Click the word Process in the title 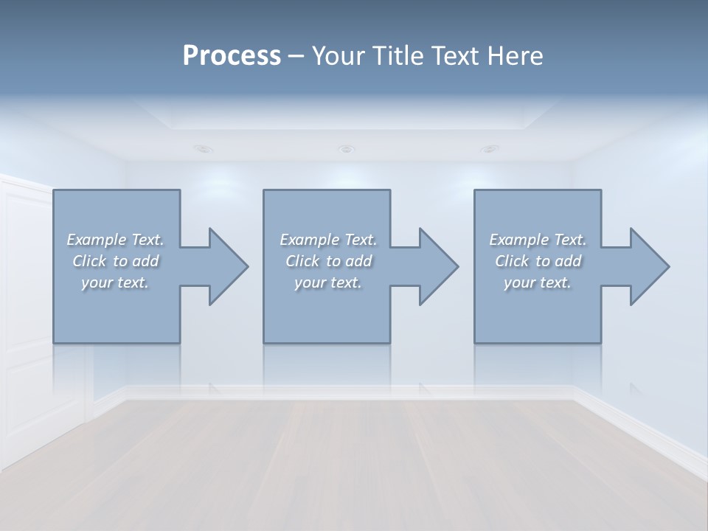tap(232, 55)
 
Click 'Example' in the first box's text tap(97, 240)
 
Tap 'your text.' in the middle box tap(327, 282)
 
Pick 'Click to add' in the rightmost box tap(538, 261)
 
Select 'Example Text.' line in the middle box tap(327, 240)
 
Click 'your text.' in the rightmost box tap(538, 282)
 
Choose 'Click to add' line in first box tap(116, 261)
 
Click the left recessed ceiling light tap(203, 148)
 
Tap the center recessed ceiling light tap(346, 149)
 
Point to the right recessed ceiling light tap(489, 148)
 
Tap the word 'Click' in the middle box tap(302, 261)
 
